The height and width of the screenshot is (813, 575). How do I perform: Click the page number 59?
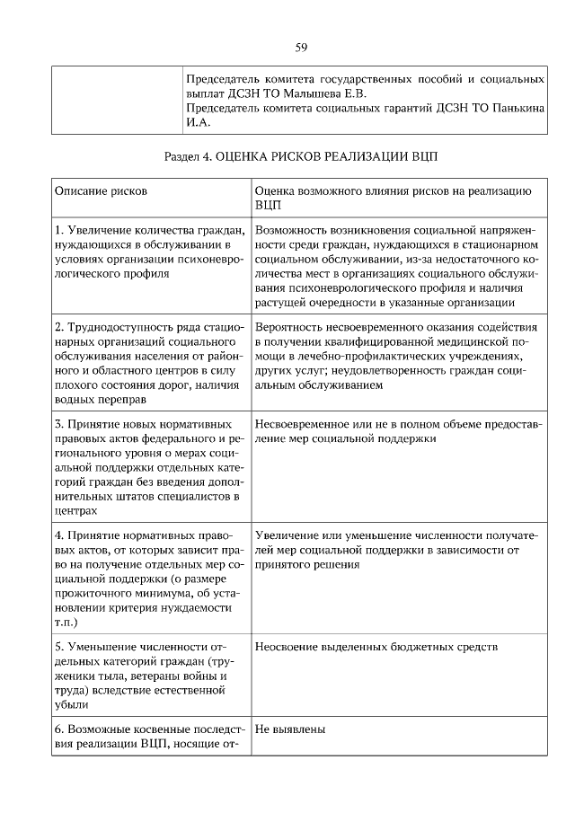pyautogui.click(x=301, y=47)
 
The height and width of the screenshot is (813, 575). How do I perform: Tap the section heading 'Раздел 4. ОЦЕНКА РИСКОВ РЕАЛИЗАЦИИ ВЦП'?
pyautogui.click(x=301, y=155)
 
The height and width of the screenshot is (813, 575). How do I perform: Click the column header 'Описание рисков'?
pyautogui.click(x=102, y=191)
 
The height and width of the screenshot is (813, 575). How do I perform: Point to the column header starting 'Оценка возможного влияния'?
pyautogui.click(x=394, y=191)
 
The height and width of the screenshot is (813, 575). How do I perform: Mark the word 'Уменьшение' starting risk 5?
pyautogui.click(x=106, y=646)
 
